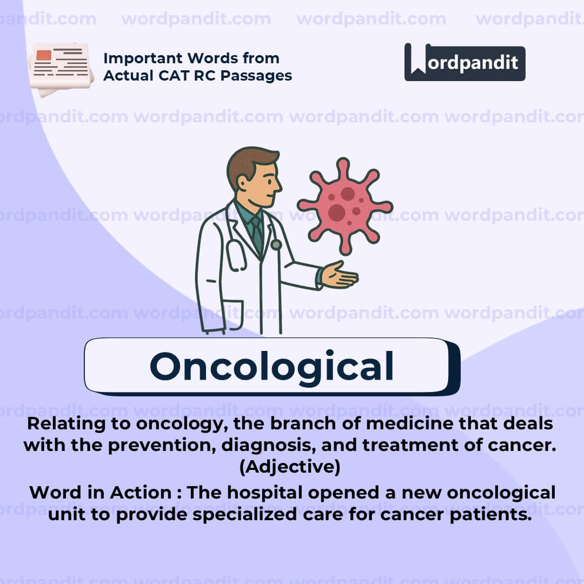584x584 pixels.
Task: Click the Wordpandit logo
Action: click(x=464, y=62)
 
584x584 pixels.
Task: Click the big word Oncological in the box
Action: click(x=271, y=366)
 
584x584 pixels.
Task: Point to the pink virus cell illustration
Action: click(x=344, y=205)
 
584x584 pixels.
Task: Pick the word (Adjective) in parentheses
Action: click(x=290, y=466)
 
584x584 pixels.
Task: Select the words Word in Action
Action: click(x=101, y=493)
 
